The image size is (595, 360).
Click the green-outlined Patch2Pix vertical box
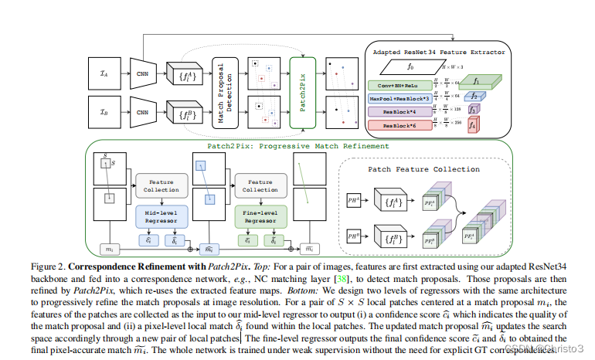[x=303, y=92]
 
